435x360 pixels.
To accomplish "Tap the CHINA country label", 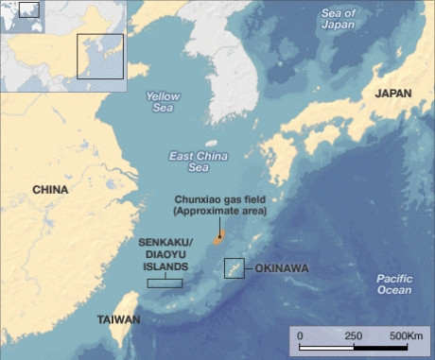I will pyautogui.click(x=50, y=189).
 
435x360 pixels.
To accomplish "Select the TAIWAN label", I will pyautogui.click(x=118, y=320).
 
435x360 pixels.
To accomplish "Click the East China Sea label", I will pyautogui.click(x=188, y=161).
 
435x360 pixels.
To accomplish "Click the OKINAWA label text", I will pyautogui.click(x=282, y=268).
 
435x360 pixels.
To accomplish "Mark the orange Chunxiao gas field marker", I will pyautogui.click(x=217, y=240).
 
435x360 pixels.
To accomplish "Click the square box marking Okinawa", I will pyautogui.click(x=235, y=267).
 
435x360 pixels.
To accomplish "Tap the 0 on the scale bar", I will pyautogui.click(x=300, y=335).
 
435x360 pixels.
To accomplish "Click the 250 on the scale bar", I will pyautogui.click(x=354, y=335).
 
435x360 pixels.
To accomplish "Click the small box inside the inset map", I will pyautogui.click(x=99, y=58).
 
